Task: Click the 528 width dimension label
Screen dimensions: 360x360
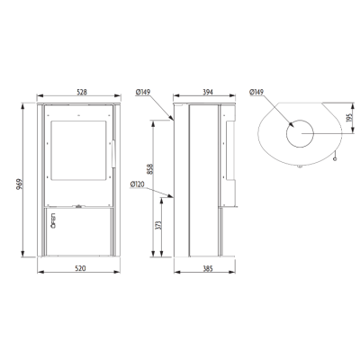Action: (x=82, y=92)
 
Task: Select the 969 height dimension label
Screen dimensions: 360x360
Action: (x=20, y=184)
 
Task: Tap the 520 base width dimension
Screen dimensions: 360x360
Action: (x=80, y=268)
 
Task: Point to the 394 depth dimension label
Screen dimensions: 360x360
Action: (x=208, y=92)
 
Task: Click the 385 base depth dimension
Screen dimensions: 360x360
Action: (x=208, y=268)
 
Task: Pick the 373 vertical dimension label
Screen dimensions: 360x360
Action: (x=159, y=225)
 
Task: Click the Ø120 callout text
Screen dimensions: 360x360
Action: (x=138, y=184)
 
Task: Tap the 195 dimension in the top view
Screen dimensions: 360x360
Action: (x=349, y=117)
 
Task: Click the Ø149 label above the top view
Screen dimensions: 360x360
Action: (x=256, y=92)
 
